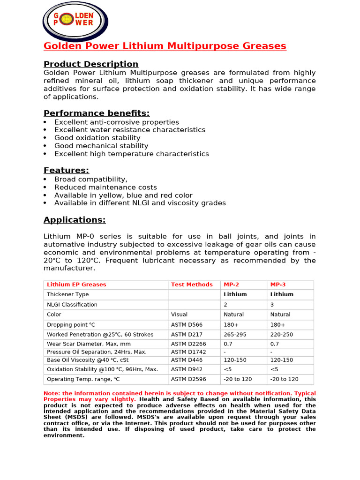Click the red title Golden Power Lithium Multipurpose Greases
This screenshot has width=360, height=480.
pyautogui.click(x=165, y=46)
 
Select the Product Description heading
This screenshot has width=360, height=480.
pyautogui.click(x=91, y=64)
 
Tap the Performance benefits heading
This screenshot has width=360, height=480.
pyautogui.click(x=97, y=113)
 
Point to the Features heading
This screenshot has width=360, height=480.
pyautogui.click(x=66, y=170)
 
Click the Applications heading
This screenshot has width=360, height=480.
pyautogui.click(x=75, y=220)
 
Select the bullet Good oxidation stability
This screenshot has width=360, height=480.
pyautogui.click(x=97, y=138)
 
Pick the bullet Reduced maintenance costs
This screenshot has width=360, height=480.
pyautogui.click(x=105, y=187)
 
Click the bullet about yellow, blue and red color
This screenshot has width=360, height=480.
pyautogui.click(x=123, y=195)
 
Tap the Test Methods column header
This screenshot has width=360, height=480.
pyautogui.click(x=192, y=285)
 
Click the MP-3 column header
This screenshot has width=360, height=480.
pyautogui.click(x=278, y=285)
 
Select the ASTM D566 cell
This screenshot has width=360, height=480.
pyautogui.click(x=186, y=324)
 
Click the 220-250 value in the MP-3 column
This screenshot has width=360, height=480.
pyautogui.click(x=282, y=335)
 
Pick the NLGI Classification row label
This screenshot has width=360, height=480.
pyautogui.click(x=72, y=305)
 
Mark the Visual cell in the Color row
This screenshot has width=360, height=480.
pyautogui.click(x=179, y=315)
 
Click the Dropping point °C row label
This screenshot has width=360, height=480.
pyautogui.click(x=71, y=324)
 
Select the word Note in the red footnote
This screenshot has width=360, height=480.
pyautogui.click(x=51, y=393)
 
